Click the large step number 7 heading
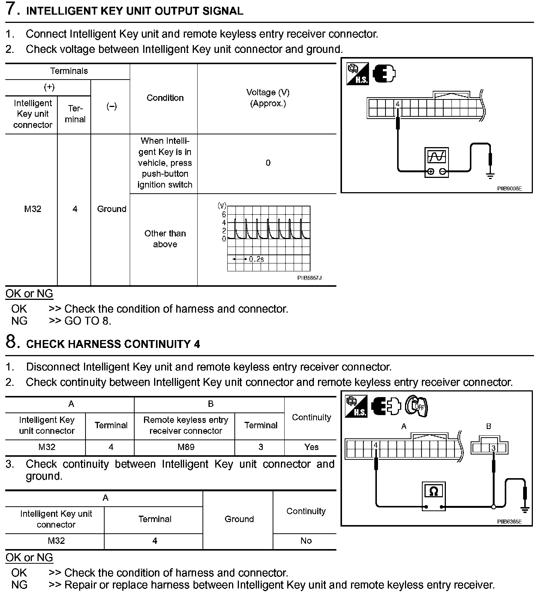point(12,9)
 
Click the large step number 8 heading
point(12,342)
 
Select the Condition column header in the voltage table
point(165,98)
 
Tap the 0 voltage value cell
point(268,163)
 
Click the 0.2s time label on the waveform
point(256,259)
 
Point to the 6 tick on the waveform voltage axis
point(224,215)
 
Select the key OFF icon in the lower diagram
point(417,406)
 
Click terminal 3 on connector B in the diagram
point(493,448)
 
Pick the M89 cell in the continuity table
point(186,447)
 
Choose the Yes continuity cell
point(311,447)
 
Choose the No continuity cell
point(306,541)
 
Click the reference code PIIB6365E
point(509,521)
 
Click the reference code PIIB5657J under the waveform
point(309,278)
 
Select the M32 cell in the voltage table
point(33,209)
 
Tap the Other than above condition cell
point(165,239)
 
